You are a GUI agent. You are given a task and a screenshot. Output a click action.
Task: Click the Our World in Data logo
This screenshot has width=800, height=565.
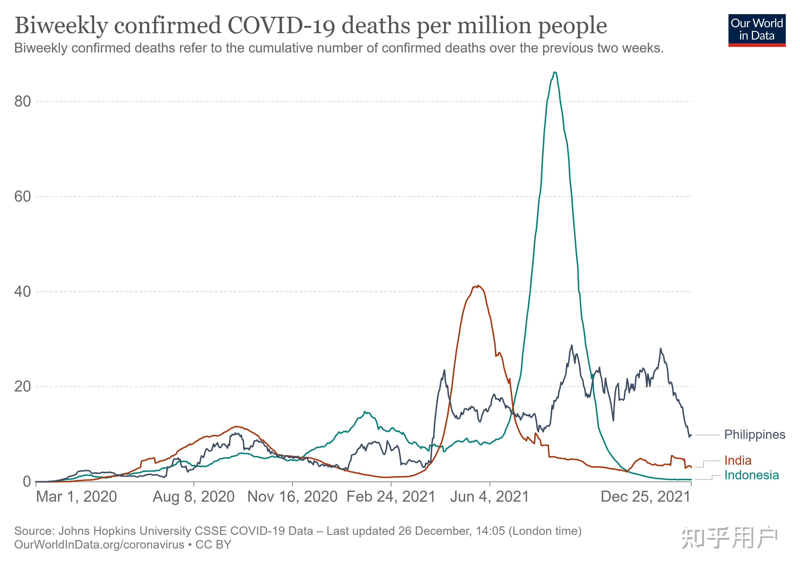click(x=757, y=30)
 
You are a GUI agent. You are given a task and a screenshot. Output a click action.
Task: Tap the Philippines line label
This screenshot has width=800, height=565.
click(x=755, y=435)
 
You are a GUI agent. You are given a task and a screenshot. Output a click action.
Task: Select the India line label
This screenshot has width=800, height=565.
click(x=738, y=460)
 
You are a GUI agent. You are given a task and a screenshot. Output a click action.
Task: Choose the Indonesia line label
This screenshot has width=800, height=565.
click(x=752, y=475)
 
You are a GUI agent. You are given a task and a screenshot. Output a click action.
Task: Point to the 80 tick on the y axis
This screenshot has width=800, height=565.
click(x=23, y=101)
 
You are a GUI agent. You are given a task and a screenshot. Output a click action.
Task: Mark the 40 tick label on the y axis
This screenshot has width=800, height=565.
click(x=23, y=291)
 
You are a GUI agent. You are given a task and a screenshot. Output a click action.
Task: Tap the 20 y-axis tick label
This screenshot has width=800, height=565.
click(x=23, y=387)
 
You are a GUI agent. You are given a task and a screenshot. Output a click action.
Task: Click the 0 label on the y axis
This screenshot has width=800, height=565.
click(x=27, y=482)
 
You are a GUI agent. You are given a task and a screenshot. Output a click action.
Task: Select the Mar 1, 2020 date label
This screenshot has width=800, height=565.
click(x=76, y=497)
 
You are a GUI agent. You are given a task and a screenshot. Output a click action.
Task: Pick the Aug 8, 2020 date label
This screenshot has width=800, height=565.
click(x=194, y=497)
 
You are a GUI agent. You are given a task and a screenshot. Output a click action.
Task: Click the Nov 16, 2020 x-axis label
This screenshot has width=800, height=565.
click(x=292, y=497)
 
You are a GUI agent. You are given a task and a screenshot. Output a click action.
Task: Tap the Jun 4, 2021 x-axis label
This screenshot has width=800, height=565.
click(x=490, y=497)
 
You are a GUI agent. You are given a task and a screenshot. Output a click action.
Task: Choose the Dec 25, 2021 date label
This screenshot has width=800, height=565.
click(x=646, y=497)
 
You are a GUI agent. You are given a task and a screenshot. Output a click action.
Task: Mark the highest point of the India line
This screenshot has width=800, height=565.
click(x=478, y=286)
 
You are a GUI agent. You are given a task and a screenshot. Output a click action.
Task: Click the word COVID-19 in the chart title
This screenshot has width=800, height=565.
click(x=281, y=25)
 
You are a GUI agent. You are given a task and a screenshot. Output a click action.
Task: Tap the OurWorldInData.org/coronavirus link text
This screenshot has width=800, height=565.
click(x=99, y=545)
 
